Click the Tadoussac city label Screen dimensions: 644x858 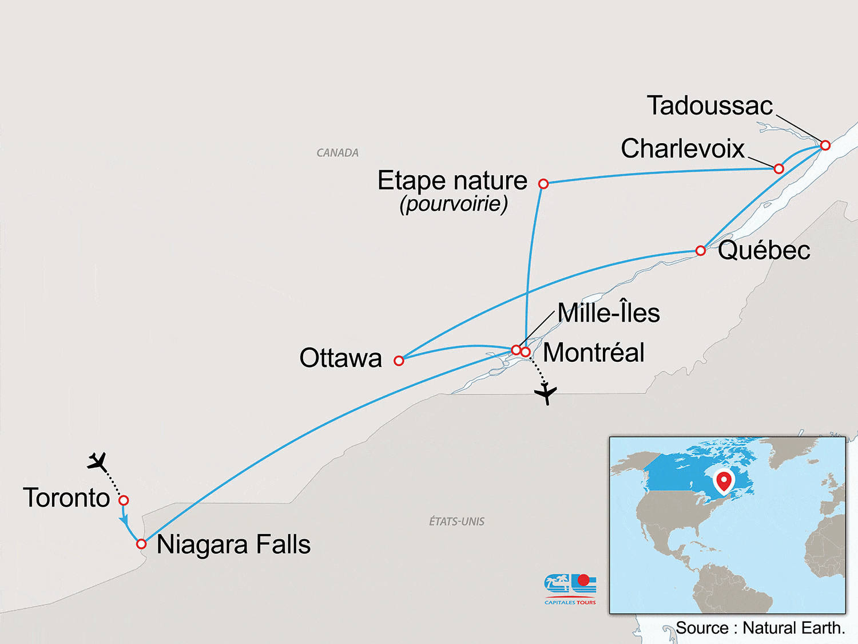(x=709, y=106)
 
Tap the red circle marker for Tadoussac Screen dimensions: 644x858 (x=825, y=145)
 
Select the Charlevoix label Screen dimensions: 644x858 (x=682, y=149)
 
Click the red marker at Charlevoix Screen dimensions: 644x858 (x=778, y=169)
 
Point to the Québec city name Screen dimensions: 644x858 (x=764, y=250)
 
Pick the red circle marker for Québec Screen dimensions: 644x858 (x=700, y=251)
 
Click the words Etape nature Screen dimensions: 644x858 (x=452, y=181)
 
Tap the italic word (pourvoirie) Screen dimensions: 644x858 (x=454, y=204)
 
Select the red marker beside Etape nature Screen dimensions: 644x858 (x=543, y=184)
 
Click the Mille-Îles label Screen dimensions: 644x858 (x=609, y=313)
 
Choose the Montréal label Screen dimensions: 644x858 (x=594, y=353)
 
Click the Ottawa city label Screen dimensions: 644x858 (x=340, y=358)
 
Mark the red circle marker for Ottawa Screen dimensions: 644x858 (x=399, y=361)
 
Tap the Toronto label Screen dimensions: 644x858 (x=66, y=498)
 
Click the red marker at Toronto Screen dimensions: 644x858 (x=124, y=500)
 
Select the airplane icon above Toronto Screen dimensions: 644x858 (x=98, y=461)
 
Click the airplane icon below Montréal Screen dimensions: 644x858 (x=546, y=393)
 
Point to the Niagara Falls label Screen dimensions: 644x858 (x=233, y=544)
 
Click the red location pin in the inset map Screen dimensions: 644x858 (x=724, y=481)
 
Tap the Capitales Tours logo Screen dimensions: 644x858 (x=570, y=588)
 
